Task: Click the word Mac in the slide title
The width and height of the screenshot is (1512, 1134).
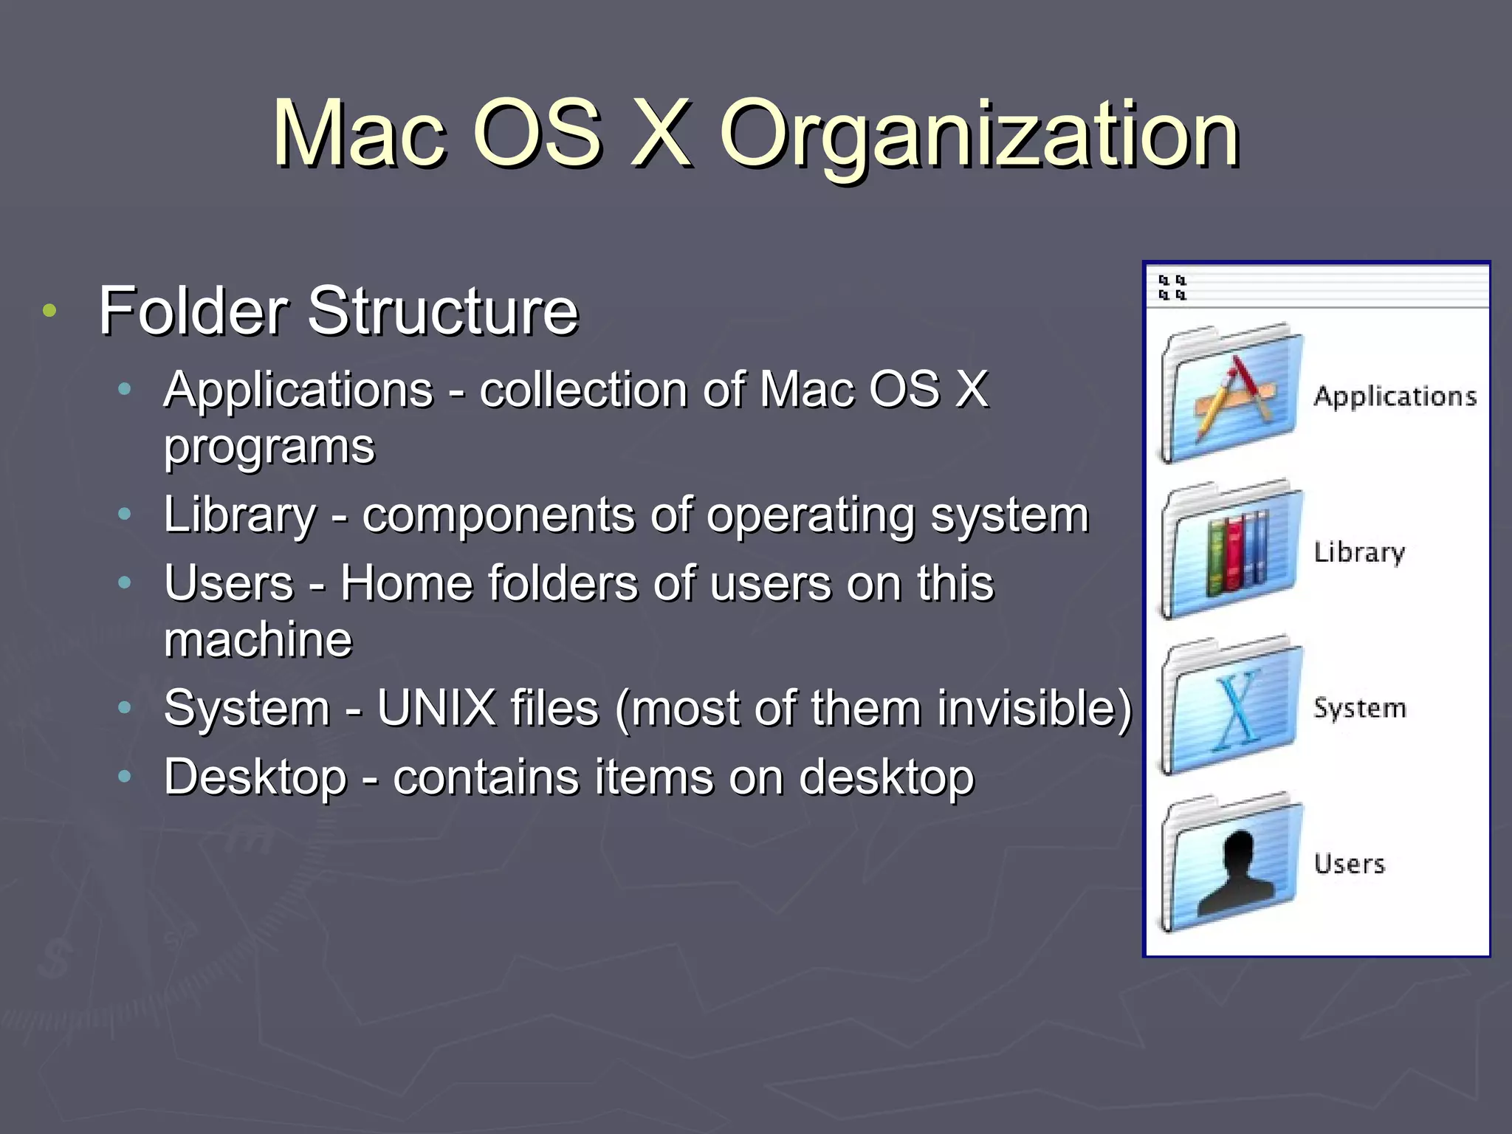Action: pyautogui.click(x=360, y=134)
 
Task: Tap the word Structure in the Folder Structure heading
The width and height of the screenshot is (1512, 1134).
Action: pyautogui.click(x=442, y=312)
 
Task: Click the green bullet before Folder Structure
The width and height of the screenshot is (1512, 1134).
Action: pyautogui.click(x=49, y=311)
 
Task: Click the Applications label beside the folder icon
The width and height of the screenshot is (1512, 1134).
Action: pyautogui.click(x=1395, y=397)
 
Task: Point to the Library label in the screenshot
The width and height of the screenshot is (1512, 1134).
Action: pyautogui.click(x=1359, y=552)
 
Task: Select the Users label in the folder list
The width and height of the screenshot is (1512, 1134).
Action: pyautogui.click(x=1350, y=864)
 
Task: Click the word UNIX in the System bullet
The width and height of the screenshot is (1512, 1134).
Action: pyautogui.click(x=436, y=708)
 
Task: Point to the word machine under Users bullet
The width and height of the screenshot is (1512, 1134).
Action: pyautogui.click(x=258, y=639)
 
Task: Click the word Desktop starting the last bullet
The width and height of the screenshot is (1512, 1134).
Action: pyautogui.click(x=255, y=777)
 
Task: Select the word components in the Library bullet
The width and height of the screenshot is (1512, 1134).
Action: pyautogui.click(x=498, y=515)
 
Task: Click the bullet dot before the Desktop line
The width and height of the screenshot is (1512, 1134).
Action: pyautogui.click(x=125, y=777)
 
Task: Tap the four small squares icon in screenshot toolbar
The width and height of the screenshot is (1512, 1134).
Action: pyautogui.click(x=1172, y=287)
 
